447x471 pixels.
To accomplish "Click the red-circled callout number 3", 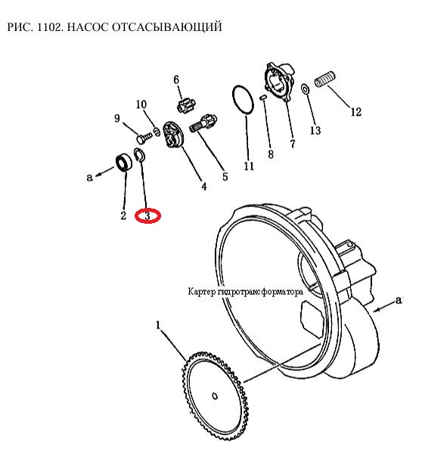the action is pos(147,215).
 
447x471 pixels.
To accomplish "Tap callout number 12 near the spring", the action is pos(356,112).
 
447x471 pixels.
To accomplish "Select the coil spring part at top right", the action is pos(325,79).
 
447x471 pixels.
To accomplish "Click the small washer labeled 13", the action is pos(305,89).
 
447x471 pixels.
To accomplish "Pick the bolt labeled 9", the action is pos(144,138).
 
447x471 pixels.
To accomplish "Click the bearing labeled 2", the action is pos(124,163).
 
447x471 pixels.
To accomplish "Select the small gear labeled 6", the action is pos(185,105).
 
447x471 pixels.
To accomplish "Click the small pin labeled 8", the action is pos(263,97).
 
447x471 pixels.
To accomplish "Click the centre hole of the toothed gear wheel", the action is pos(215,396).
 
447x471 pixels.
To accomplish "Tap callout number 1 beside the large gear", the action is pos(158,325).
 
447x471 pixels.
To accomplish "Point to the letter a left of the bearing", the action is pos(89,178).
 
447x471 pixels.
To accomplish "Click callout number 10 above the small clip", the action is pos(141,104).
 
